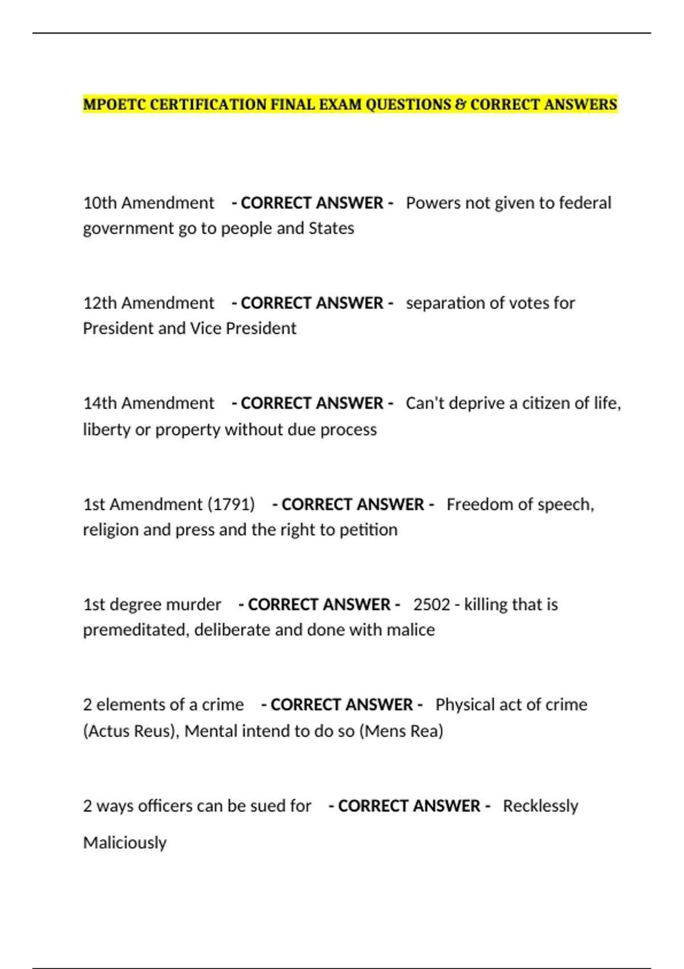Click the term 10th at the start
[x=100, y=203]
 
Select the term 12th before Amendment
[x=100, y=303]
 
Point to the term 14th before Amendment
[x=100, y=403]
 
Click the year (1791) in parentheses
[x=231, y=504]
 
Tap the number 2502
[x=431, y=604]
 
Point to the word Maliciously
[x=125, y=842]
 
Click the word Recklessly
[x=540, y=806]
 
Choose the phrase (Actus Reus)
[x=131, y=731]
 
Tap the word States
[x=331, y=228]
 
